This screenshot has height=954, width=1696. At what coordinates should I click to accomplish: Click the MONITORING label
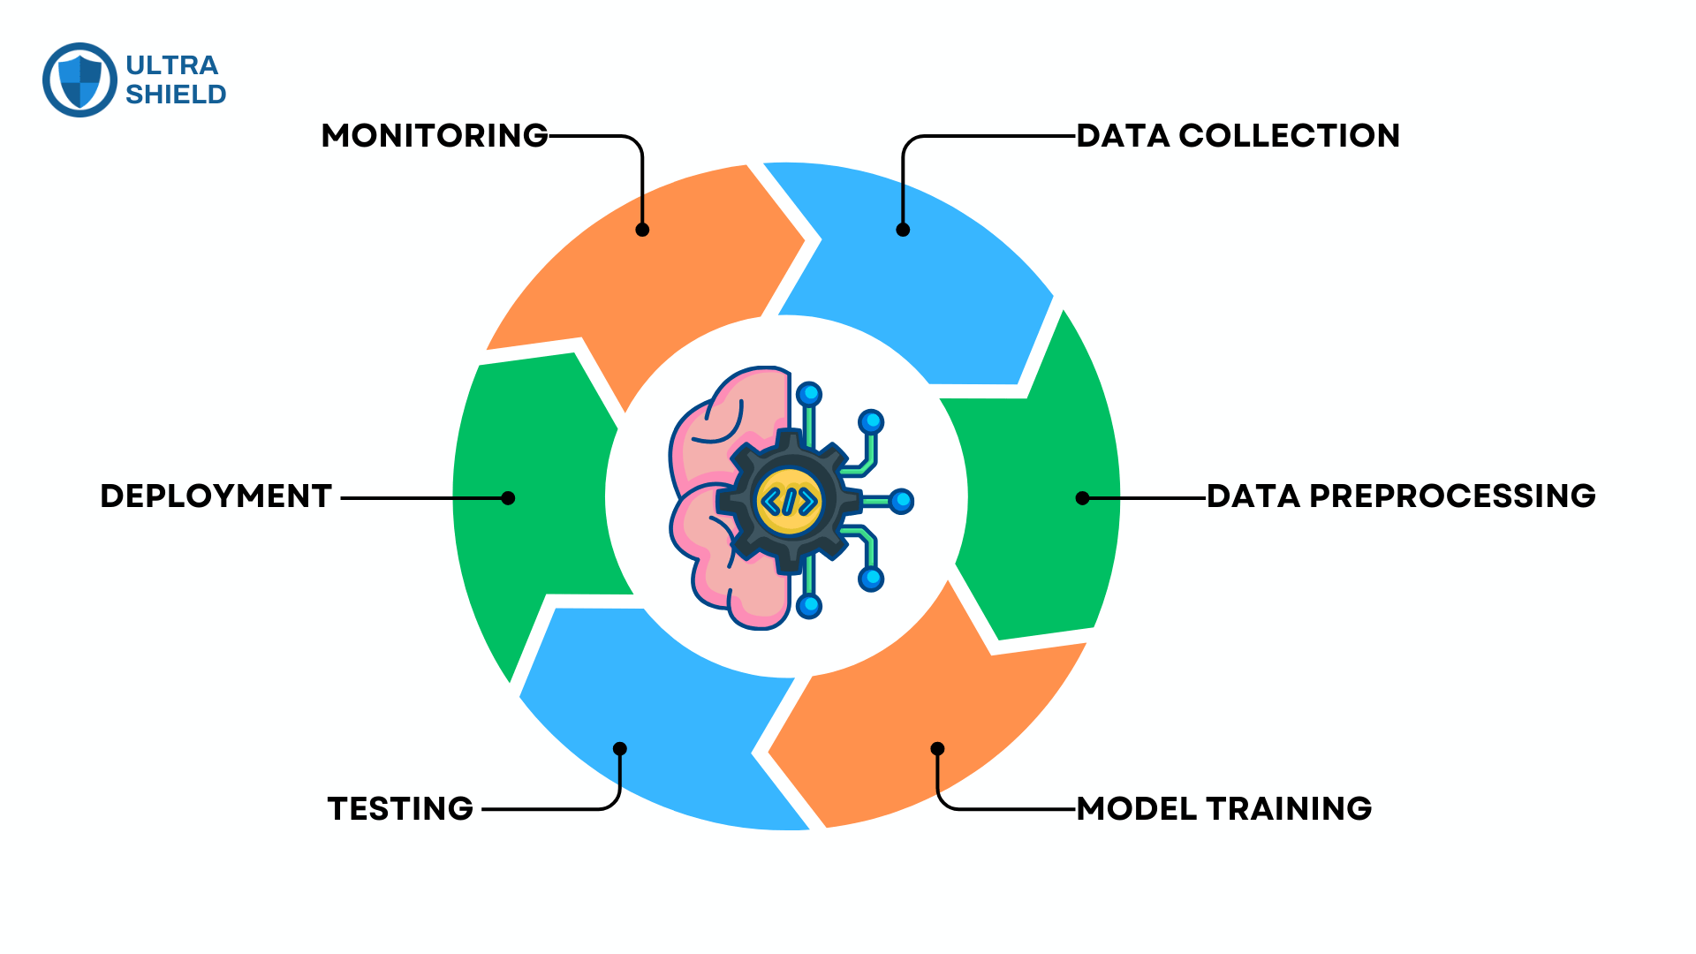pos(435,136)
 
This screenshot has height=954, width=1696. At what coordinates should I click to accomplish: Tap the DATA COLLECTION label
pos(1238,136)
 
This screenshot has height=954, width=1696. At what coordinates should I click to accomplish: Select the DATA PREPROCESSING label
pos(1401,496)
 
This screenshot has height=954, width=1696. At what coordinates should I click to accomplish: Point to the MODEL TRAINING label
pos(1223,809)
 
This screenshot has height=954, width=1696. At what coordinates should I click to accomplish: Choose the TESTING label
pos(400,809)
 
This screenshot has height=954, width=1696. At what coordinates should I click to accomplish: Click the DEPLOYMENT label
pos(216,496)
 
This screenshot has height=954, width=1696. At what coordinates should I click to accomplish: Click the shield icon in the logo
pos(79,80)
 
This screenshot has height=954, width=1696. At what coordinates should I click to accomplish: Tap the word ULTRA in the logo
pos(171,65)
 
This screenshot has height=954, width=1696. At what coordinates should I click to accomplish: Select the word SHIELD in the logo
pos(176,95)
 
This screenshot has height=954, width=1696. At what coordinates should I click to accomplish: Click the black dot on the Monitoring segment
pos(642,230)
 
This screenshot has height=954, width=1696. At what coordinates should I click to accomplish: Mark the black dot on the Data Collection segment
pos(903,230)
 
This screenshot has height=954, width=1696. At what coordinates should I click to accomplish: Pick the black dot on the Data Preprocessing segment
pos(1082,498)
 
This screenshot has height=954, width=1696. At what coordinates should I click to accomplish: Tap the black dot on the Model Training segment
pos(937,749)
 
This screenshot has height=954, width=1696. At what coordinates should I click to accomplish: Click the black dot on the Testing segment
pos(620,749)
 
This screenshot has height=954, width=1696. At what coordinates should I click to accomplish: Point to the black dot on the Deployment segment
pos(508,498)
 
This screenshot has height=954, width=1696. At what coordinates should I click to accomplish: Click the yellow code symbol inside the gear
pos(789,501)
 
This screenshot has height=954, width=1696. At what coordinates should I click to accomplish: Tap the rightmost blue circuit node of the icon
pos(901,502)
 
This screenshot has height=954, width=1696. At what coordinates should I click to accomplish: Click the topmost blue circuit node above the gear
pos(808,394)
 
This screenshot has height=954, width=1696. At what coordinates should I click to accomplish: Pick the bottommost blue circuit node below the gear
pos(808,606)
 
